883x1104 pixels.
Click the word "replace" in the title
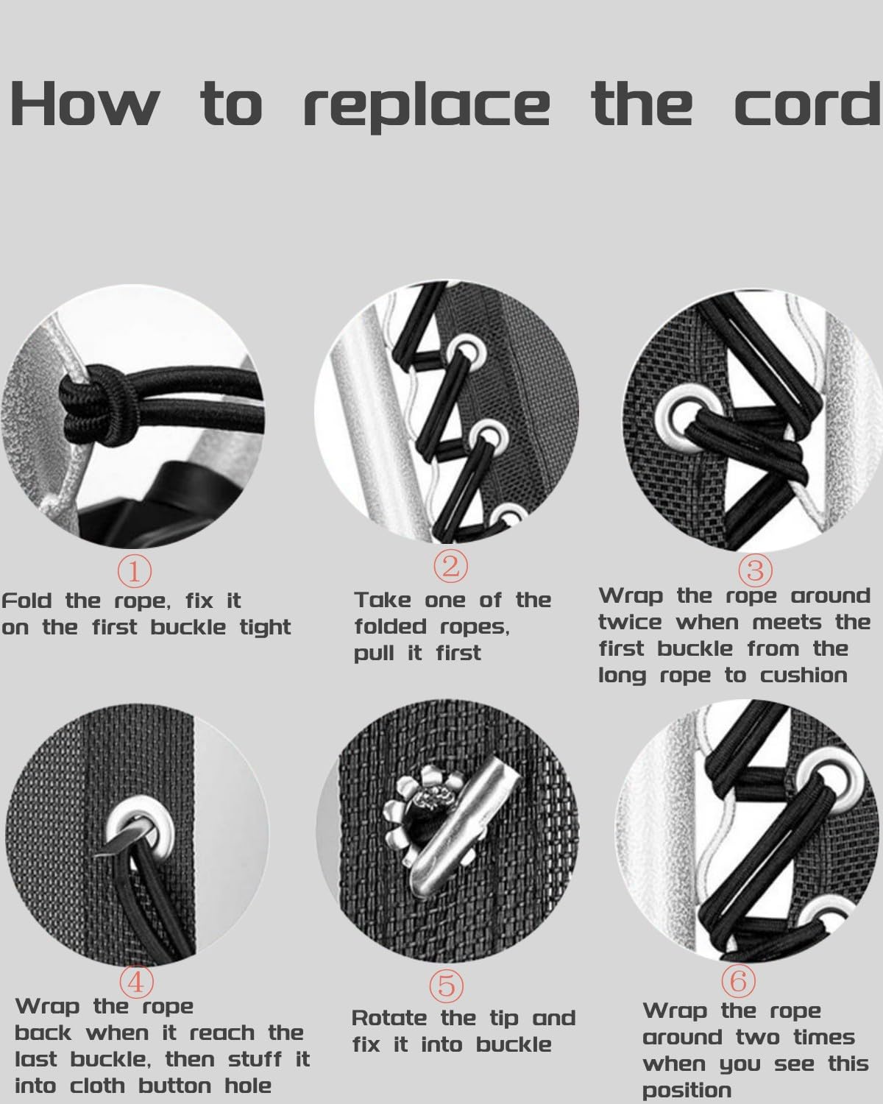(427, 107)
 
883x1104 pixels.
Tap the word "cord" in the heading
(809, 102)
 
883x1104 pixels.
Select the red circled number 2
(450, 567)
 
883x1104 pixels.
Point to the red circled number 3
(755, 570)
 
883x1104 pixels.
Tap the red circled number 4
(136, 983)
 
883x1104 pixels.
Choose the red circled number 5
(447, 986)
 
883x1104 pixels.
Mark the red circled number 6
(738, 981)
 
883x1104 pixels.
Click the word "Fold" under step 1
(26, 601)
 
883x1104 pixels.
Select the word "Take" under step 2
(383, 600)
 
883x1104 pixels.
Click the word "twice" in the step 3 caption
(631, 622)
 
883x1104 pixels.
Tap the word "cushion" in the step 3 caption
(804, 675)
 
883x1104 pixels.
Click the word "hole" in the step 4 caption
(248, 1086)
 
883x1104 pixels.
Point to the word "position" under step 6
(687, 1091)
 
